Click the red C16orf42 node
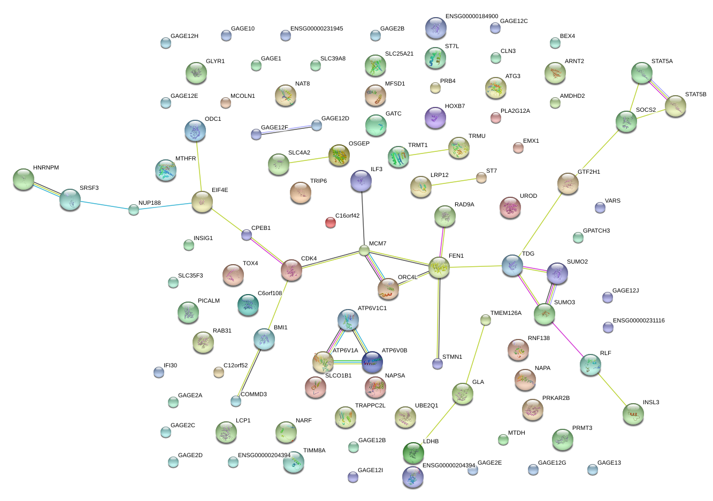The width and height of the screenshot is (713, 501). tap(331, 222)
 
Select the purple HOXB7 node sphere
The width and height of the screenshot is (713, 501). tap(435, 118)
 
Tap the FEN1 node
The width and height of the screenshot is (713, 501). tap(439, 267)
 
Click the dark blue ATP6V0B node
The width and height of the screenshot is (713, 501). tap(372, 362)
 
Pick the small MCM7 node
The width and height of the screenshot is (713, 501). tap(364, 251)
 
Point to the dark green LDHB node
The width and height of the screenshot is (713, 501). tap(413, 452)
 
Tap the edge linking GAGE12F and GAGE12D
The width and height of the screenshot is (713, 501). tap(286, 130)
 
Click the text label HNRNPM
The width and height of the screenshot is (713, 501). tap(46, 168)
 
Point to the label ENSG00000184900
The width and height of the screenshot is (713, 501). tap(472, 16)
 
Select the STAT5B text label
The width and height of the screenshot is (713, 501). tap(695, 95)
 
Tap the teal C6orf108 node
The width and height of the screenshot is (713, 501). tap(248, 305)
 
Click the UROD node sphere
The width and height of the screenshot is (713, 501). tap(510, 207)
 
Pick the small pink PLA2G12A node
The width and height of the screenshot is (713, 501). tap(496, 118)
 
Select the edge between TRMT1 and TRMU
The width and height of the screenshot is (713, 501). tap(428, 152)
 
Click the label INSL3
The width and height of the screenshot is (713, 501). tap(651, 403)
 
